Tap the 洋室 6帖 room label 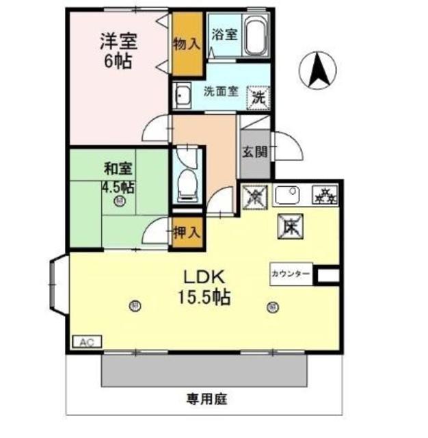point(118,50)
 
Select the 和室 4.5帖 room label point(118,177)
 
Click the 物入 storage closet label point(186,44)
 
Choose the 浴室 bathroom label point(224,34)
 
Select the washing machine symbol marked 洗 point(258,96)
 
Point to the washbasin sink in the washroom point(183,96)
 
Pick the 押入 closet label point(186,232)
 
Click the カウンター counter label point(291,274)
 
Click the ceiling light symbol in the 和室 point(120,201)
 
